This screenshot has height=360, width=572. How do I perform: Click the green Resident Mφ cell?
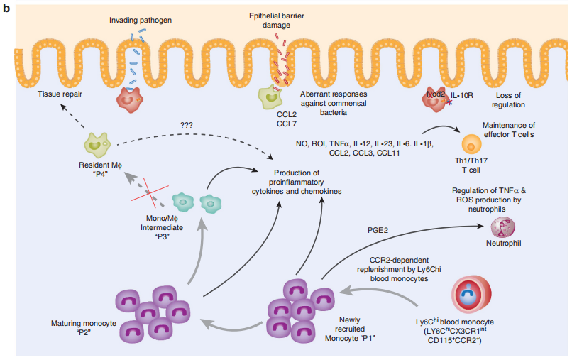(97, 145)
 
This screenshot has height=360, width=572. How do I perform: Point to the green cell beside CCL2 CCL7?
(270, 97)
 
